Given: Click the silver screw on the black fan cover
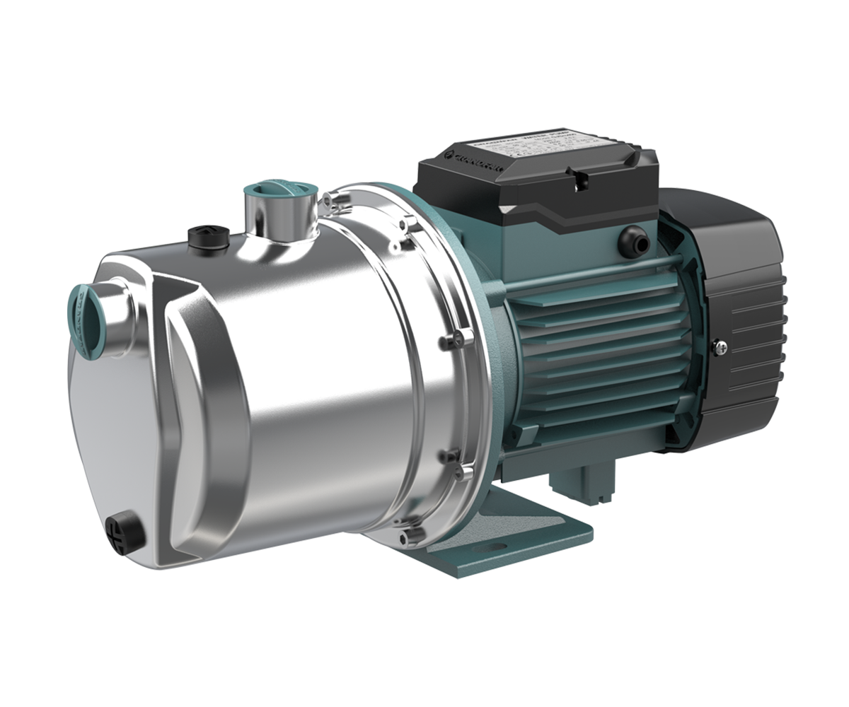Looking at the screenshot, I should pyautogui.click(x=720, y=346).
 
